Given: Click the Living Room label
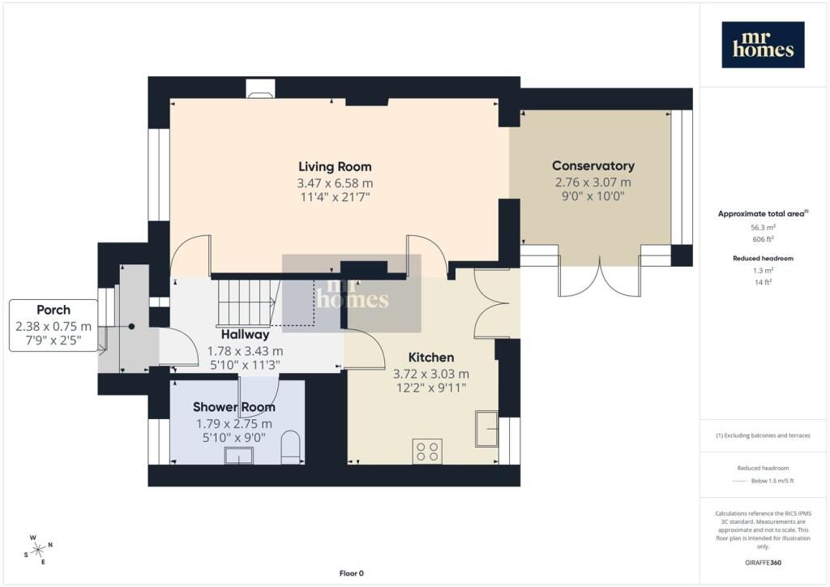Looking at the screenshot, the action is pos(335,167).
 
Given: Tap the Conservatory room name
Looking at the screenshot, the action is pos(593,165).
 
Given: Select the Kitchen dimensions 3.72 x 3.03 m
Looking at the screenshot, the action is pos(431,374).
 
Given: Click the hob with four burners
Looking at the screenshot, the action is pos(426,452).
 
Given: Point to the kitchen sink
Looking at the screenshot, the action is pos(486,428).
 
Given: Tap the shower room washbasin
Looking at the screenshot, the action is pos(239,456).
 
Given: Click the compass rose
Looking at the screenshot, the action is pos(38,550).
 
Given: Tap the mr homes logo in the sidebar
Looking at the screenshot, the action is pos(763,45).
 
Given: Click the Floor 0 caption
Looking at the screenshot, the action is pos(352,573).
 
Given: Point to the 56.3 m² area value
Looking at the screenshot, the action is pos(763,228).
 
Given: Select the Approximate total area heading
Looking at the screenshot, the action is pos(763,214).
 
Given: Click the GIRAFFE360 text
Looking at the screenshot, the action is pos(763,563).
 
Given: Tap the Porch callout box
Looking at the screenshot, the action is pos(53,325).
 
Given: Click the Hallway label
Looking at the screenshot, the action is pos(245,335).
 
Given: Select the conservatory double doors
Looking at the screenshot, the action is pos(600,276).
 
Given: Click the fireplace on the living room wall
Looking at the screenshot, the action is pos(260,88).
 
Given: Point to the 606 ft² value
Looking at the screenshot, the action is pos(763,239).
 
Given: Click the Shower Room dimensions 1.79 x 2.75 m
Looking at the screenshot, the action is pos(234,424).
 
